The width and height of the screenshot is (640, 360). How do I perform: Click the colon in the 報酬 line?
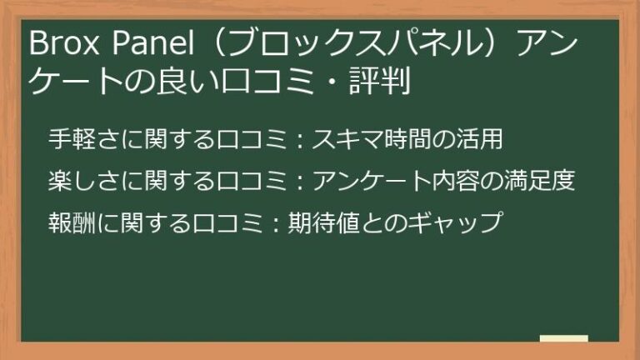tap(279, 222)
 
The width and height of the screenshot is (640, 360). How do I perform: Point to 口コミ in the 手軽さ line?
tap(246, 139)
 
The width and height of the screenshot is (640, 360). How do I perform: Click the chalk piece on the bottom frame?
tap(564, 339)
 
